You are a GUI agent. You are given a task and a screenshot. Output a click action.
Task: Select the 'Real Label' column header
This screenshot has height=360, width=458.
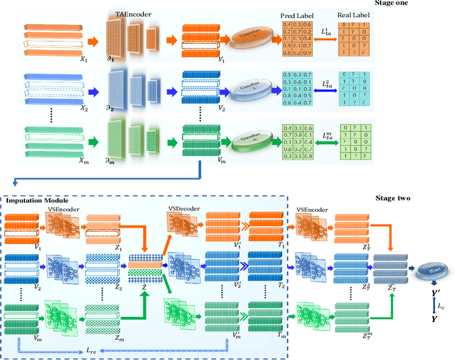[351, 15]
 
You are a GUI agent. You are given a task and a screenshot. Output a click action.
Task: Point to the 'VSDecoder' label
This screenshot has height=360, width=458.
[185, 208]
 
